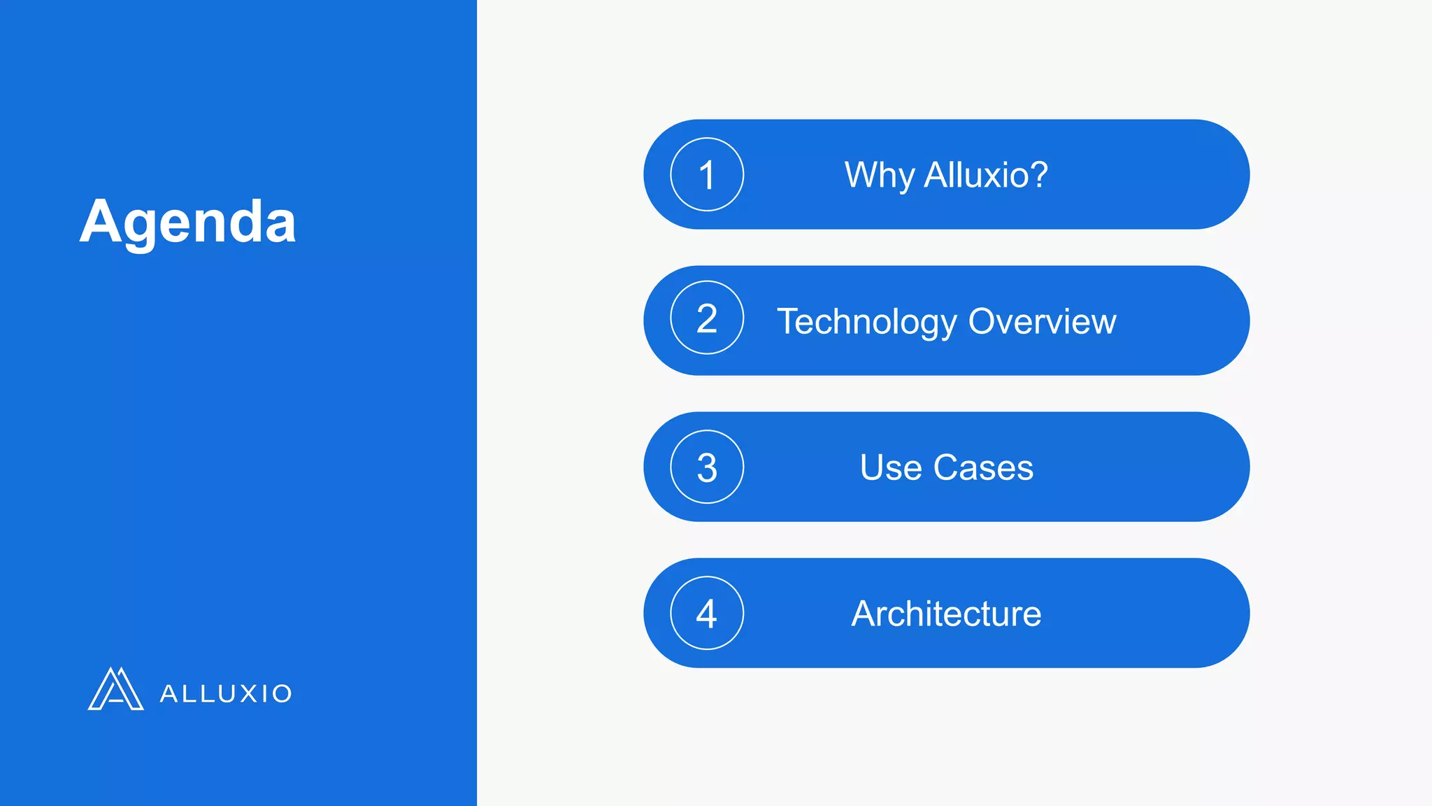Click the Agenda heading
click(x=187, y=222)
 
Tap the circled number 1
click(x=707, y=174)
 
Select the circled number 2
click(x=707, y=318)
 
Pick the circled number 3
click(x=707, y=467)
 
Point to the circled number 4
click(x=707, y=613)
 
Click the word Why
click(x=879, y=175)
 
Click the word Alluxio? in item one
click(x=986, y=175)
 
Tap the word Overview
click(x=1042, y=322)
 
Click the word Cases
click(x=983, y=467)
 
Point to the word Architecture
click(x=946, y=614)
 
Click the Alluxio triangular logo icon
click(x=115, y=689)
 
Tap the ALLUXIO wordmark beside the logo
click(x=226, y=693)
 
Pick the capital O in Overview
click(x=984, y=322)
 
